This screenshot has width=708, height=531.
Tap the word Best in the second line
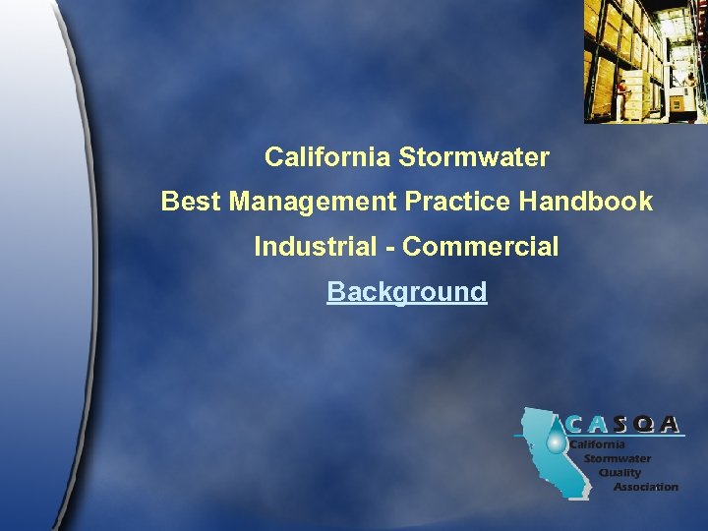[x=192, y=202]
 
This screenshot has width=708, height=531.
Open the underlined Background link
[x=406, y=292]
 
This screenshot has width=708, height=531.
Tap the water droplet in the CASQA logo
[x=557, y=444]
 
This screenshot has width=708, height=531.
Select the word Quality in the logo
[x=619, y=472]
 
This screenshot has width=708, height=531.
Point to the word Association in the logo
[x=645, y=486]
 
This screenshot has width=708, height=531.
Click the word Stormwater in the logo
[x=618, y=458]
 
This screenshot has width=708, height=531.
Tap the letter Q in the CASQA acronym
[x=643, y=424]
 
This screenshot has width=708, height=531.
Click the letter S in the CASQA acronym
[x=621, y=424]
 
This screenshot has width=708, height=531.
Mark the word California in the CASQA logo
[x=598, y=444]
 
